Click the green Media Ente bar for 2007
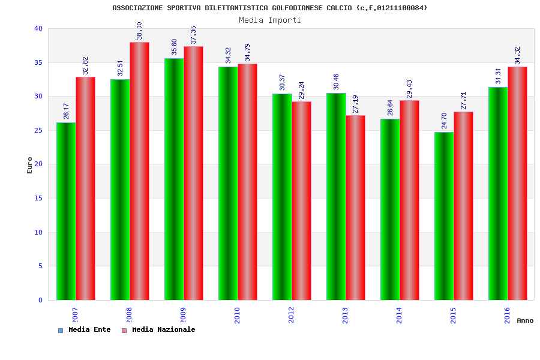66,211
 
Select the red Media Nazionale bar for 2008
139,171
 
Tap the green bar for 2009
174,179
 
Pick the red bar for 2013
355,208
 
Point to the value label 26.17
67,112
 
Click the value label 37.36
193,35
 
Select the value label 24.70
445,121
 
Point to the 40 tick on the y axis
38,28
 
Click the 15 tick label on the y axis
38,198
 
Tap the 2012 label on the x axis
292,315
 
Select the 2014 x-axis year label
400,315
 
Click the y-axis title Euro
30,165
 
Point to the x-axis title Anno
525,320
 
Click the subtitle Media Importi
270,20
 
